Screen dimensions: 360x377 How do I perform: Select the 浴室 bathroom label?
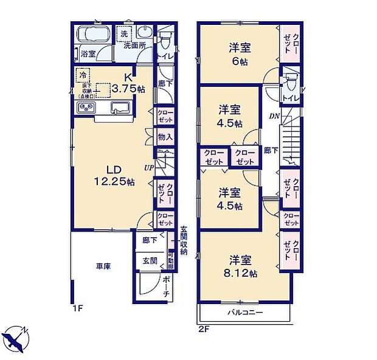[88, 54]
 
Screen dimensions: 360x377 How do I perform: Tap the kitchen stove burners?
[85, 108]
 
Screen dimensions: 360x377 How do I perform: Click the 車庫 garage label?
[102, 266]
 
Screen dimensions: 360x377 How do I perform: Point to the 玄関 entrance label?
[149, 261]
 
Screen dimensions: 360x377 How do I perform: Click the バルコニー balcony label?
[245, 313]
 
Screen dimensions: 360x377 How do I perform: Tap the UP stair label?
[148, 167]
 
